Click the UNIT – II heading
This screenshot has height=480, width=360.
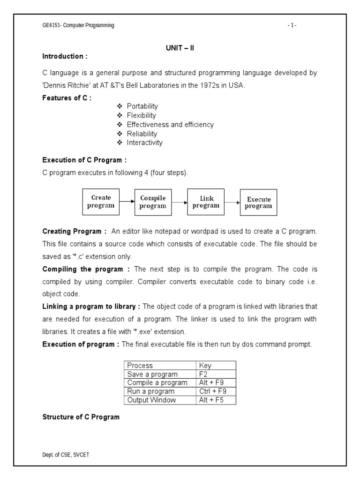[180, 48]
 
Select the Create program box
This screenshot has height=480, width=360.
[101, 202]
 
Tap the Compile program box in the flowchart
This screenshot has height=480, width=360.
[153, 202]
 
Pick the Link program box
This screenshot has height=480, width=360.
[205, 202]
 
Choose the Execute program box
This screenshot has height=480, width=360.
[258, 202]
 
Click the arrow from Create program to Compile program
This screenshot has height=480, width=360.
[127, 202]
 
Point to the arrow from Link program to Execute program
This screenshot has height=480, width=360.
[232, 202]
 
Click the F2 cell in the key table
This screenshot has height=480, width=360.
[216, 374]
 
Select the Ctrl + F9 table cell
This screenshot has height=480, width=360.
[216, 391]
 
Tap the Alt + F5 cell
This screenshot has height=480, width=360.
[216, 400]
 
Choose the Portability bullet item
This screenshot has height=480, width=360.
[142, 106]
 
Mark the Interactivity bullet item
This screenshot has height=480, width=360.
[144, 142]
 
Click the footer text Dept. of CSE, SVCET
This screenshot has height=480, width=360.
[64, 455]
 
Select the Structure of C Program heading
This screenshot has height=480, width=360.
[81, 417]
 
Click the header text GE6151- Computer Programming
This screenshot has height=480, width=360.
[78, 25]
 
